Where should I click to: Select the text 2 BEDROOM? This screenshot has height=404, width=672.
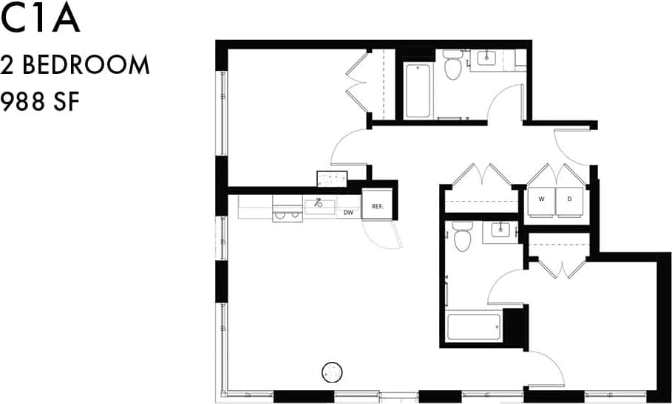(x=75, y=65)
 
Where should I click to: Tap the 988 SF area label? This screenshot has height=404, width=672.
(x=40, y=100)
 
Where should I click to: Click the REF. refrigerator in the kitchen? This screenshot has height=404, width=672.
(x=376, y=206)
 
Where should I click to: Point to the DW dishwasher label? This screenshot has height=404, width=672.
(x=348, y=213)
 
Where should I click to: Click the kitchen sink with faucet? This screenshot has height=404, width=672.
(x=319, y=205)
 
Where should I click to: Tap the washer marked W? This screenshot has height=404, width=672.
(x=541, y=200)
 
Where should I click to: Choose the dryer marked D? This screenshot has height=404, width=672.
(x=570, y=200)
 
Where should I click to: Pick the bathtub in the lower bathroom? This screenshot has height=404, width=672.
(x=474, y=326)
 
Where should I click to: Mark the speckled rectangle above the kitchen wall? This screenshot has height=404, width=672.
(x=333, y=178)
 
